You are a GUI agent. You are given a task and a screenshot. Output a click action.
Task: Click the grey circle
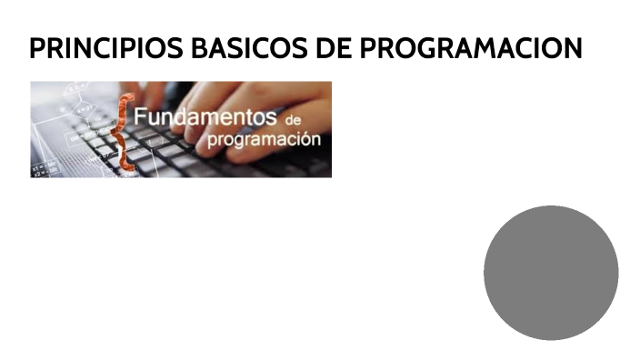551,273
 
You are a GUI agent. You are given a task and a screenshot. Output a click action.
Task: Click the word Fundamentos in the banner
205,118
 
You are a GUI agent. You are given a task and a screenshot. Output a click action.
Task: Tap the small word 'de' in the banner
292,121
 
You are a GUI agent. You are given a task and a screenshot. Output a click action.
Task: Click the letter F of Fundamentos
142,118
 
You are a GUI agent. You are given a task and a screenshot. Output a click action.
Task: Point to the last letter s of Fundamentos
270,119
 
